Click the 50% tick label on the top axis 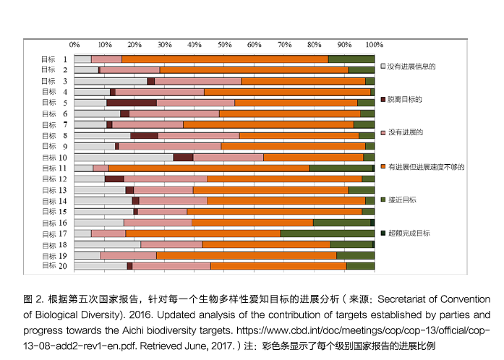tap(224, 44)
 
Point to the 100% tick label tap(373, 44)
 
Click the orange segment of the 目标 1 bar tap(224, 59)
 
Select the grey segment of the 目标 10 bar tap(123, 157)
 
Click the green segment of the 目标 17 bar tap(327, 233)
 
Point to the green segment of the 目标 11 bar tap(341, 168)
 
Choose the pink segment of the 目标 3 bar tap(197, 81)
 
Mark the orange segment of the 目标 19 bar tap(246, 254)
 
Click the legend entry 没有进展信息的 tap(411, 66)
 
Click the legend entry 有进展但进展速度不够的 tap(425, 166)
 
